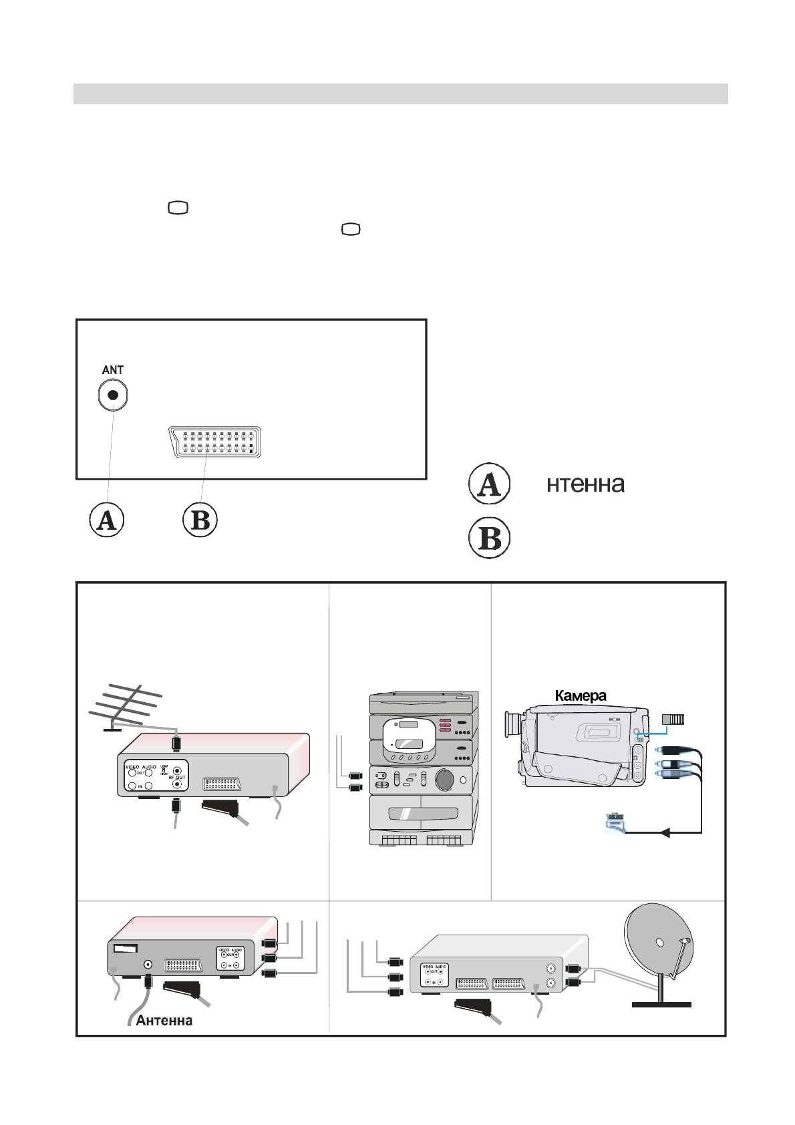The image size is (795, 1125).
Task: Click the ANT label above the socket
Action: coord(112,369)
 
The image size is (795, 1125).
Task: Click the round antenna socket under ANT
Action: coord(113,395)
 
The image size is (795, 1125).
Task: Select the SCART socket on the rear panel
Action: coord(214,442)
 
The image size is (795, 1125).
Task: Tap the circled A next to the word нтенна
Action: coord(490,484)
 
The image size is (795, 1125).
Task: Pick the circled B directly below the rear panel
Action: coord(200,520)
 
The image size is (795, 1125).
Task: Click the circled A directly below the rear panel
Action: coord(107,520)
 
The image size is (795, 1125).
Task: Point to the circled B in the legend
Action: coord(490,538)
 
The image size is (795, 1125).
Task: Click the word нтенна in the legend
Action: coord(585,484)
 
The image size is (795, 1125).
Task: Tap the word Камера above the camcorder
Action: coord(581,695)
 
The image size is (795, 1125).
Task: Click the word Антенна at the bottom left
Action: coord(164,1020)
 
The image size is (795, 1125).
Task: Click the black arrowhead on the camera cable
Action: coord(664,832)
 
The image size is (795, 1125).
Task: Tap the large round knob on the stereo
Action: coord(444,779)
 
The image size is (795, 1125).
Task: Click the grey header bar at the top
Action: coord(400,94)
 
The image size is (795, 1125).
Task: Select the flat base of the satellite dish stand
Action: coord(661,1004)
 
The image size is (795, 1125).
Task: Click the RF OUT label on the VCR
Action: coord(177,778)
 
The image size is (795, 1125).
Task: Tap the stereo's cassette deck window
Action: coord(423,814)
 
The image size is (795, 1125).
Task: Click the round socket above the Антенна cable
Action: coord(147,964)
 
